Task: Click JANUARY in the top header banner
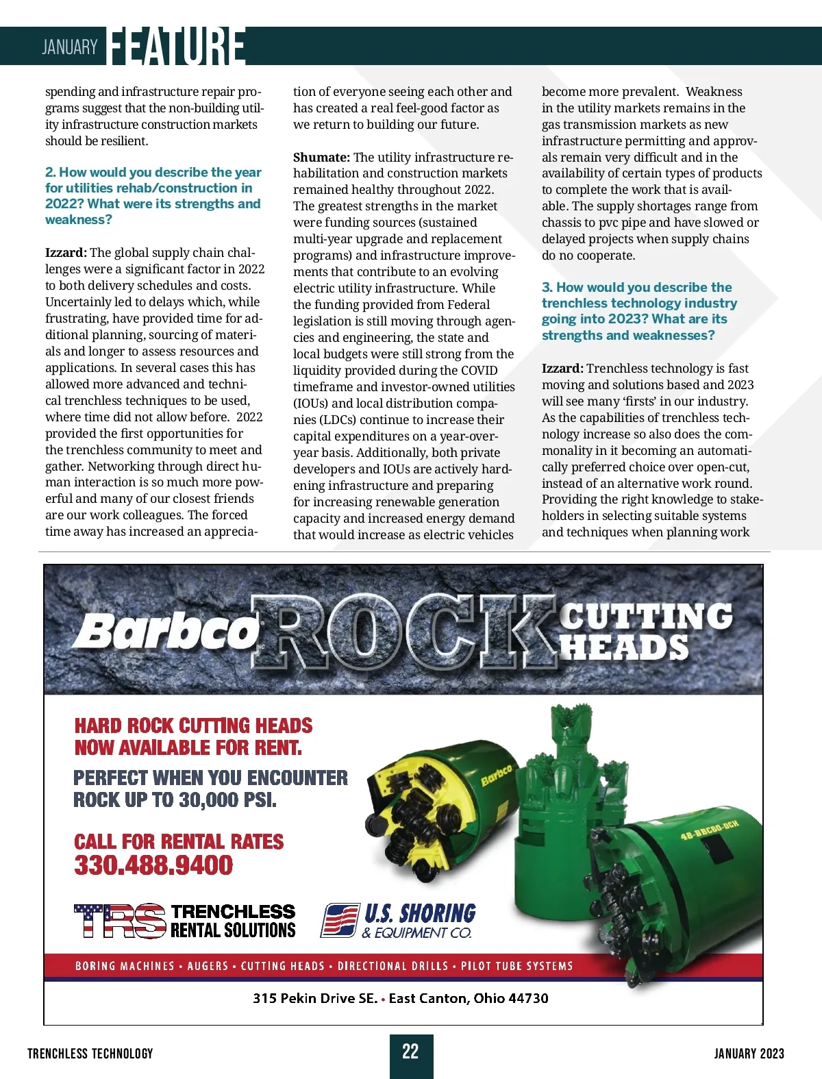point(70,47)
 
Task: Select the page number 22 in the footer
point(410,1052)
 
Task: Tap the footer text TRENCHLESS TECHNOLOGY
point(90,1054)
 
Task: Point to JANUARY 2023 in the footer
point(749,1054)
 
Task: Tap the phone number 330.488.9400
point(154,865)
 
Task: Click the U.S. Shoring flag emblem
point(340,920)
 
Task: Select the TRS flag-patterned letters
point(120,921)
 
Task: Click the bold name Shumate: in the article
point(321,158)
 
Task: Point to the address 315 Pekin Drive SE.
point(315,998)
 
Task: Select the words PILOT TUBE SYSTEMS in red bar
point(516,966)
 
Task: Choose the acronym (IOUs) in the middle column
point(310,404)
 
